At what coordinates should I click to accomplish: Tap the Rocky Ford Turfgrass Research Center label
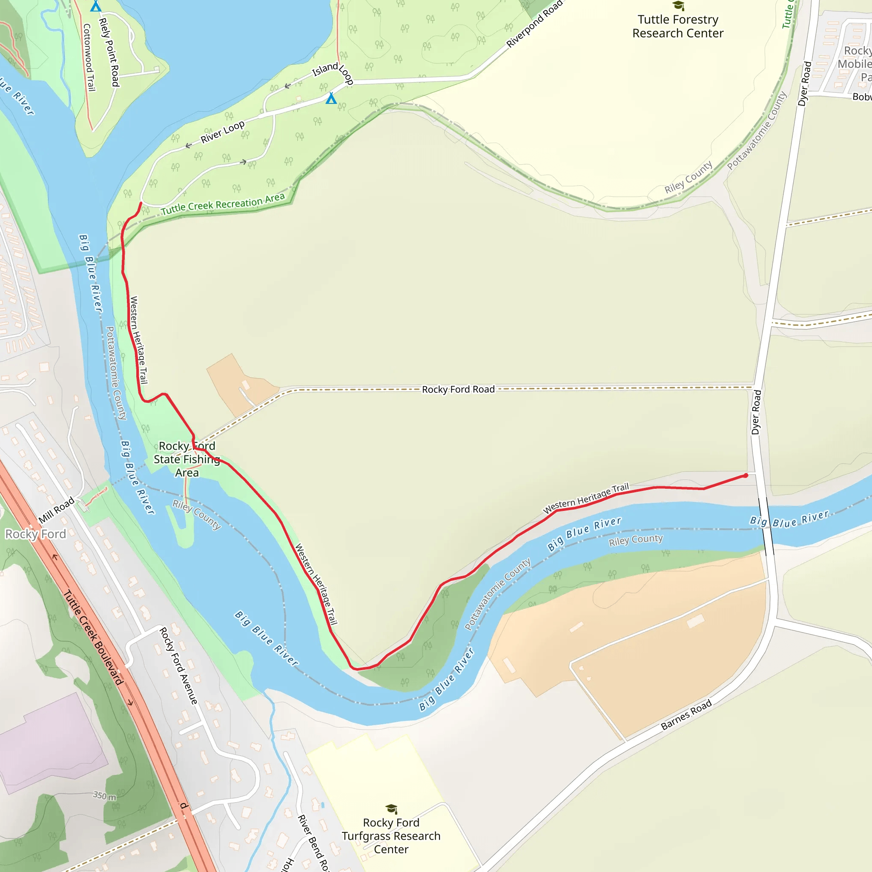[391, 836]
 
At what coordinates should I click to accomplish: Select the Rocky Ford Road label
[458, 390]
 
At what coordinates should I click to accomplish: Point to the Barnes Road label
[686, 715]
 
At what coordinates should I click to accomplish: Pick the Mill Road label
[57, 511]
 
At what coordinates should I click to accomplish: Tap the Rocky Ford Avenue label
[179, 666]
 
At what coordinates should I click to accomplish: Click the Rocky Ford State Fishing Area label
[187, 459]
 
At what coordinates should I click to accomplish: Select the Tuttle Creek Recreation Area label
[223, 204]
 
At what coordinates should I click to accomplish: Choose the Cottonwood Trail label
[89, 57]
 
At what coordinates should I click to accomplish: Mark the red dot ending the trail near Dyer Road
[746, 476]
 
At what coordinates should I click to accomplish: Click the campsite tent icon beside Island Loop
[331, 98]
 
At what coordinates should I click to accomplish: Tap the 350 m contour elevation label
[105, 796]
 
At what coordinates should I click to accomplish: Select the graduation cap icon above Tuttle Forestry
[678, 6]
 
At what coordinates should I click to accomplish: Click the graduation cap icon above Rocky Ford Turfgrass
[391, 809]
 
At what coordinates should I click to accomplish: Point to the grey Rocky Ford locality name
[36, 534]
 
